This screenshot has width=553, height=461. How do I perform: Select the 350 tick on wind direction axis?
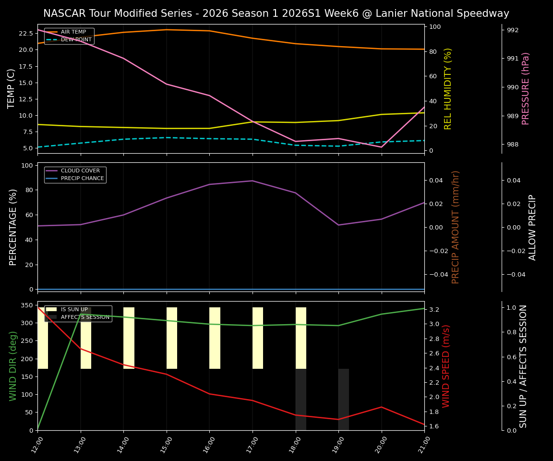[27, 305]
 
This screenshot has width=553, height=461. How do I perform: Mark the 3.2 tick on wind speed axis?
[434, 310]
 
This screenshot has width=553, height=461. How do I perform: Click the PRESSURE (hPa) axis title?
[526, 88]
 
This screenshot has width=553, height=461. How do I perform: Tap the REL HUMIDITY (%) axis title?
[448, 88]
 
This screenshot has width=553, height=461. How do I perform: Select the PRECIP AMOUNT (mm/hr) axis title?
[456, 227]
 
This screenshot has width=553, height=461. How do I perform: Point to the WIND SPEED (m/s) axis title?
[446, 365]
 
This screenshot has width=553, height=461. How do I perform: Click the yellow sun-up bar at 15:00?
[172, 338]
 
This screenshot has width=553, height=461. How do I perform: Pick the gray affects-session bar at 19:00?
[344, 399]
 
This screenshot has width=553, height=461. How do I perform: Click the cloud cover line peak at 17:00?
[252, 181]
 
